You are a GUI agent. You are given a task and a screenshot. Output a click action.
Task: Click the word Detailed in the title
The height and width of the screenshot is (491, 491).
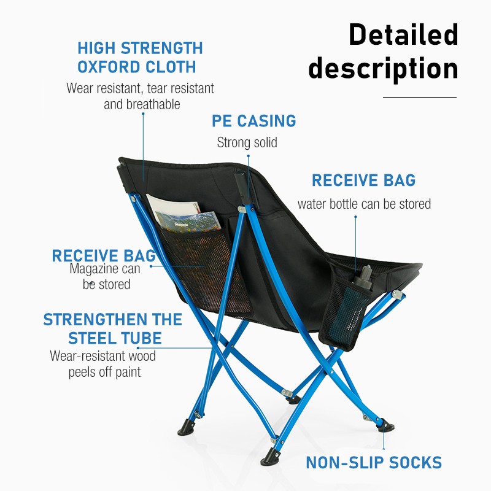tap(403, 34)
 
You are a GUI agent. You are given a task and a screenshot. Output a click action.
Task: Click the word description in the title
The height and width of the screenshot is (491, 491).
tap(383, 69)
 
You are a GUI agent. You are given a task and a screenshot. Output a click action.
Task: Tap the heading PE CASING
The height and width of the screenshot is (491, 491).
tap(253, 121)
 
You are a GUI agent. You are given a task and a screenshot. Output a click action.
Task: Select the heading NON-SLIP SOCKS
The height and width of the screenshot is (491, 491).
tap(374, 463)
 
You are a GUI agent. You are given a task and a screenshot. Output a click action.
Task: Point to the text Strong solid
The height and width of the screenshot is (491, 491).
tap(247, 142)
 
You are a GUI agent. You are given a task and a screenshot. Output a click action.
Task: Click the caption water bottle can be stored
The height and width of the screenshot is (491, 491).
tap(364, 204)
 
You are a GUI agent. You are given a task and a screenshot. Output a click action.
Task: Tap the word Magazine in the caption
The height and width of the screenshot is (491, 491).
tap(90, 269)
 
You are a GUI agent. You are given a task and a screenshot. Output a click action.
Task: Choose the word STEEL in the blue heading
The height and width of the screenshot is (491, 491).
tap(93, 338)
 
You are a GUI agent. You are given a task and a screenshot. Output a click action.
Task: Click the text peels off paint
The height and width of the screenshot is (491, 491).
tap(104, 372)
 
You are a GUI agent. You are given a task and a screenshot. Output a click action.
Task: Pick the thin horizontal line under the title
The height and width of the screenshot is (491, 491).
tap(420, 97)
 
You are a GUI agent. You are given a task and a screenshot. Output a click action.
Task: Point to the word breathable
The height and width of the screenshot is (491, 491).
tap(153, 104)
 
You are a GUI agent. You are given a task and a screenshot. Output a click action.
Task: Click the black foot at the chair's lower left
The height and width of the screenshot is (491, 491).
tap(187, 428)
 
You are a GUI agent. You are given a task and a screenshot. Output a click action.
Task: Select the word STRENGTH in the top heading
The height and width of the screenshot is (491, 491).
tap(162, 48)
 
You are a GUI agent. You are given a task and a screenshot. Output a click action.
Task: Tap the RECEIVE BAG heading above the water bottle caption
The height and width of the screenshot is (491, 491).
tap(363, 180)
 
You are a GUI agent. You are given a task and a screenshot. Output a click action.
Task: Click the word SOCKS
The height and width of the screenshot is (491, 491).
tap(416, 463)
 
